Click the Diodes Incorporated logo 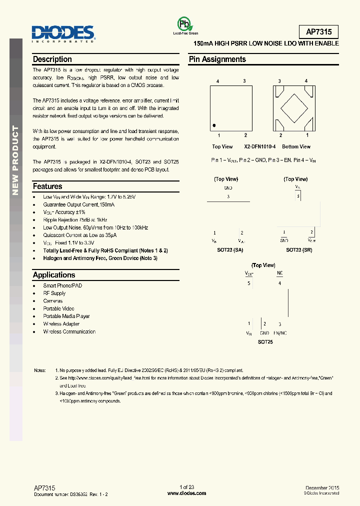(x=63, y=34)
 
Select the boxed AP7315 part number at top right (x=318, y=32)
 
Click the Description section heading (x=52, y=59)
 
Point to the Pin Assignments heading (x=217, y=59)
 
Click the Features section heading (x=47, y=186)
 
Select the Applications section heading (x=54, y=275)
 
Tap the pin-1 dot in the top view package (x=214, y=125)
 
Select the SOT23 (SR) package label (x=298, y=250)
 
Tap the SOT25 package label (x=265, y=342)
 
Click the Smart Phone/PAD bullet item (x=62, y=285)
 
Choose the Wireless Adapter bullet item (x=61, y=324)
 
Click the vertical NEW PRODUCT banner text (x=15, y=160)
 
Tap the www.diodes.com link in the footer (x=186, y=493)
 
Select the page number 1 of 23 (x=186, y=487)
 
